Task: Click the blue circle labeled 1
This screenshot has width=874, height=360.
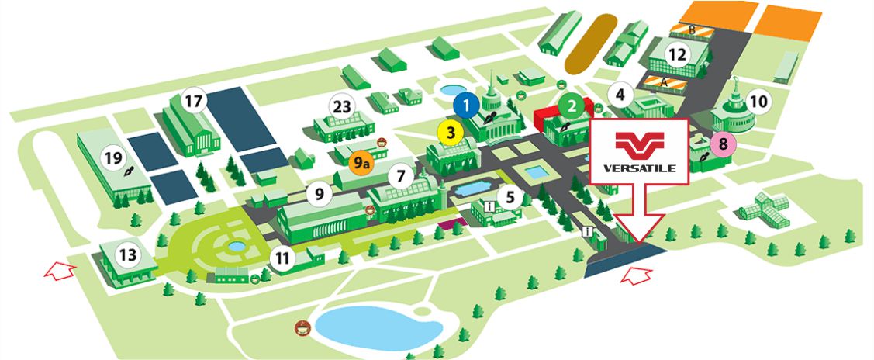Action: pos(465,102)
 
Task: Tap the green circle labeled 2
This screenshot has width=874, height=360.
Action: pos(572,104)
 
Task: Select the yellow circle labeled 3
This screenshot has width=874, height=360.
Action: pos(451,132)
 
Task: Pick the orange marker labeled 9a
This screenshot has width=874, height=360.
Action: pos(361,163)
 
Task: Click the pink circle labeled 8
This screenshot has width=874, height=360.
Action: pos(723,144)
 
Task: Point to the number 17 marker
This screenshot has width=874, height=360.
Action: pos(192,101)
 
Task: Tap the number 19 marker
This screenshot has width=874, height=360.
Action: pos(113,158)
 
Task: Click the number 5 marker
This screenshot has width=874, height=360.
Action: pos(510,196)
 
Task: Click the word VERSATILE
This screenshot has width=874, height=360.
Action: pos(639,167)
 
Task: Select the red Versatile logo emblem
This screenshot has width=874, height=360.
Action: pos(639,144)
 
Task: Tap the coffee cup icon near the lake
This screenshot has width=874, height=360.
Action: pos(301,327)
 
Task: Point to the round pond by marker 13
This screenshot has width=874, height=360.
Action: pos(234,246)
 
